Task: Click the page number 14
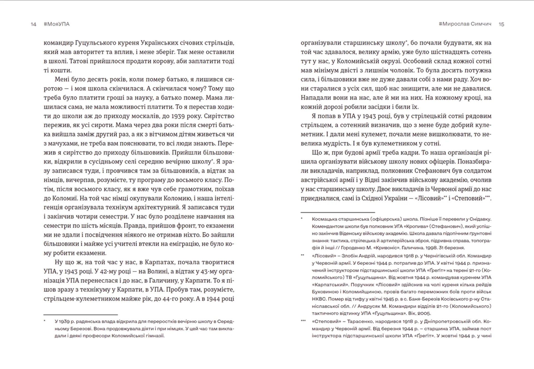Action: pyautogui.click(x=33, y=24)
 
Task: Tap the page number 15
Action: pyautogui.click(x=501, y=24)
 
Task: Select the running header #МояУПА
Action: pyautogui.click(x=57, y=24)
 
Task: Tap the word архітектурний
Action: pyautogui.click(x=157, y=207)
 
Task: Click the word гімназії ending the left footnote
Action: pyautogui.click(x=155, y=336)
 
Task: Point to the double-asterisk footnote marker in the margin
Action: pyautogui.click(x=303, y=255)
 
